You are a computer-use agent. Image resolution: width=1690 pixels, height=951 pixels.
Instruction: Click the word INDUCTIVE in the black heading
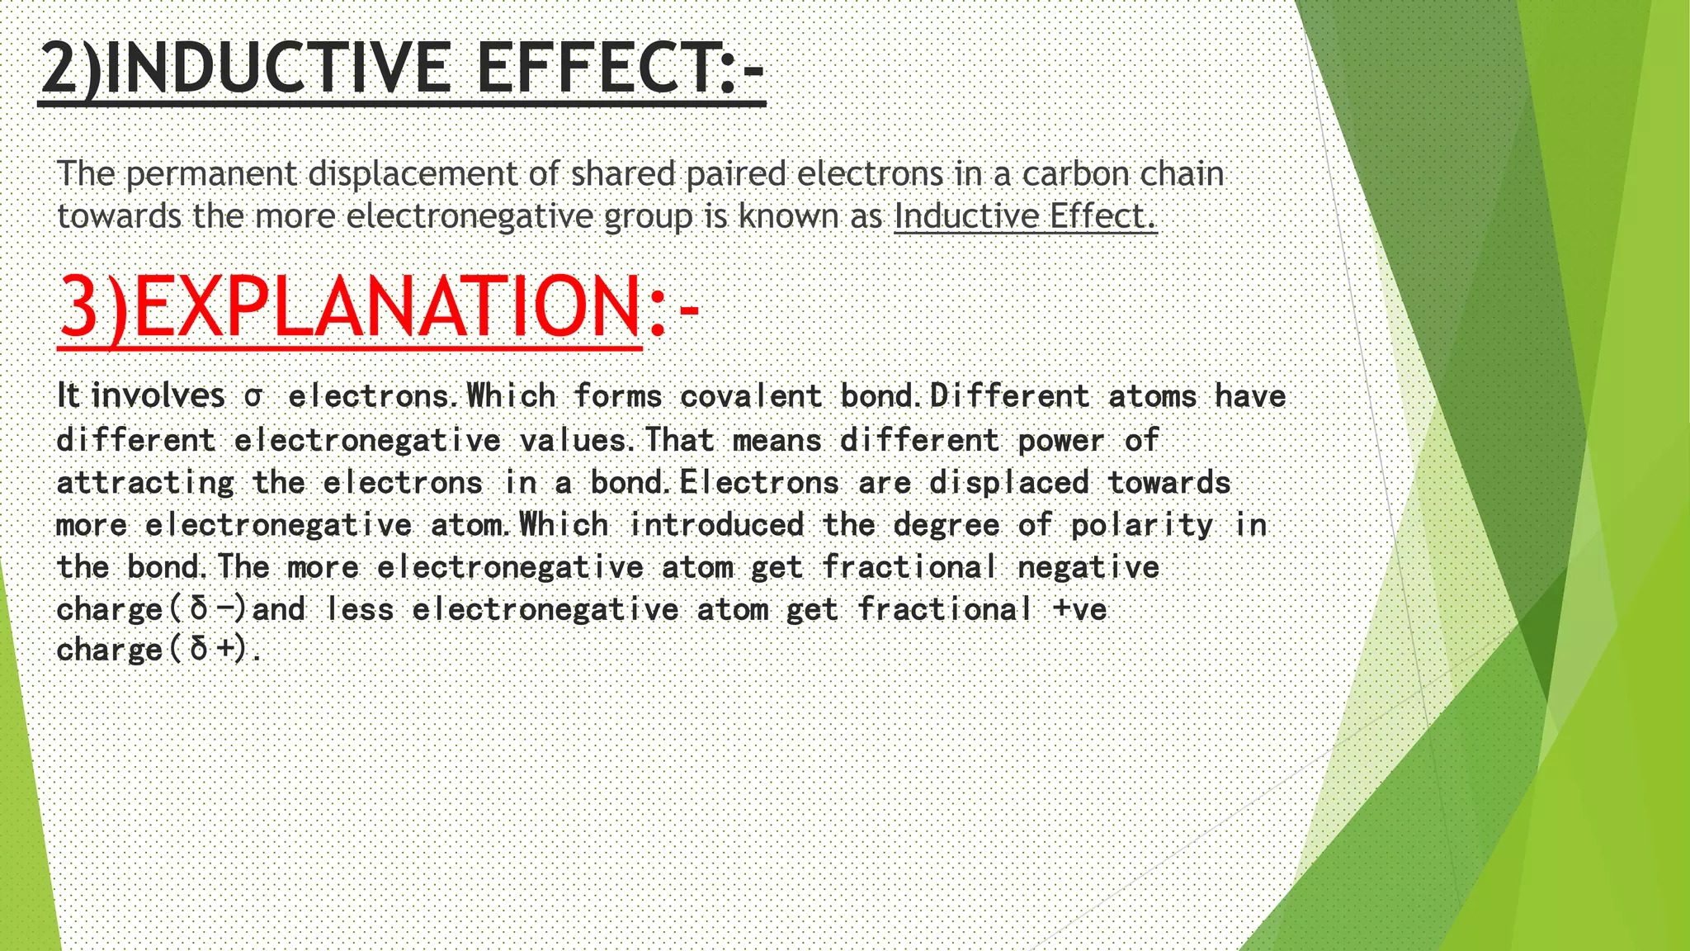tap(278, 69)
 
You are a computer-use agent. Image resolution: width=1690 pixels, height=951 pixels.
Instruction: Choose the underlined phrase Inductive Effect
tap(1025, 216)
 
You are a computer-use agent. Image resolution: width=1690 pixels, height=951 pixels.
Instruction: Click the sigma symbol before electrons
tap(253, 397)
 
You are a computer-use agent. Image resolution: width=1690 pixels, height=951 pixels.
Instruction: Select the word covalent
tap(751, 396)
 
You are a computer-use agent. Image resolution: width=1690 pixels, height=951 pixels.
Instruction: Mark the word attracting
tap(145, 483)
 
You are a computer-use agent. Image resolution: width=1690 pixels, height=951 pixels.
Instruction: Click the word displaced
tap(1009, 483)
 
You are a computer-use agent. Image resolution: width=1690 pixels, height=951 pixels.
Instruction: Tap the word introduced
tap(716, 525)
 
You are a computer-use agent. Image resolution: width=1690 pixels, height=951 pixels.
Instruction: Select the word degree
tap(946, 526)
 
